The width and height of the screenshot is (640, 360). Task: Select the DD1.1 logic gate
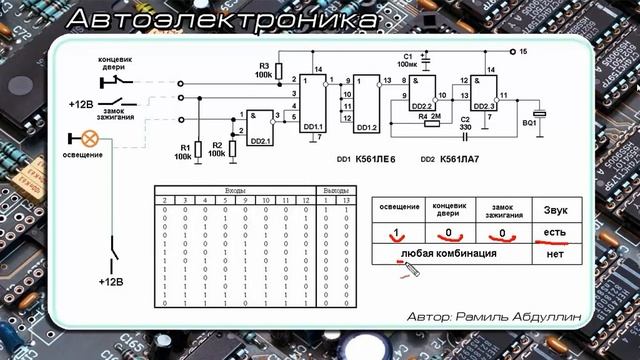pyautogui.click(x=311, y=100)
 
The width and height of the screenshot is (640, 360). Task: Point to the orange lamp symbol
pyautogui.click(x=88, y=139)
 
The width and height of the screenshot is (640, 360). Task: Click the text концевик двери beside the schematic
pyautogui.click(x=122, y=63)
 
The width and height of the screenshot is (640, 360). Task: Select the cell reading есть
pyautogui.click(x=554, y=234)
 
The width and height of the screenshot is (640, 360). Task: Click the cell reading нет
pyautogui.click(x=555, y=255)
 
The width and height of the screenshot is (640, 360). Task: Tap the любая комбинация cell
pyautogui.click(x=450, y=255)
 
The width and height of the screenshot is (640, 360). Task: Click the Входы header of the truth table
pyautogui.click(x=236, y=189)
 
